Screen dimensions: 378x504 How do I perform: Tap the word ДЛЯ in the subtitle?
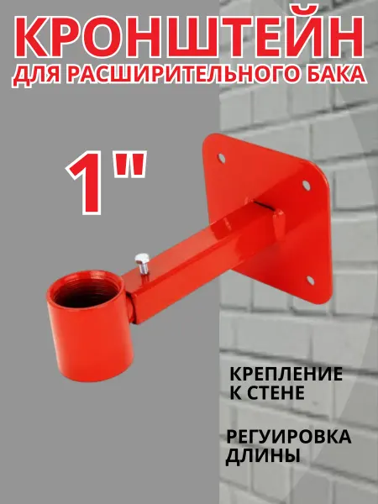[36, 74]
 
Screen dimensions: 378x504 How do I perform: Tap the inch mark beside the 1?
[131, 165]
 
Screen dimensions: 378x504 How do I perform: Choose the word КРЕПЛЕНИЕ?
[286, 375]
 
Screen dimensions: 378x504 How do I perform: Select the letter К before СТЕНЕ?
[235, 393]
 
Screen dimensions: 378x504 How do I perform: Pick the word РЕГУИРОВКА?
[289, 437]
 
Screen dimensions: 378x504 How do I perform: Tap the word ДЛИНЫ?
[263, 455]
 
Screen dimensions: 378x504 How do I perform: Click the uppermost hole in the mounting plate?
[221, 158]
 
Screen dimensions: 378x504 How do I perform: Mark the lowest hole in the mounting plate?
[310, 280]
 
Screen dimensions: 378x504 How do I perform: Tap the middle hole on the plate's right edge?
[306, 185]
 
